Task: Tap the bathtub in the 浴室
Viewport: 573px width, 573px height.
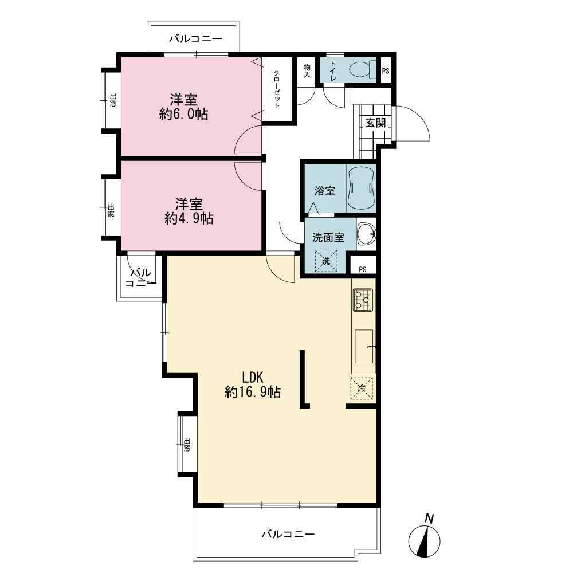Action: [x=361, y=189]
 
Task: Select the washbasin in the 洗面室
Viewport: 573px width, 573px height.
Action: [x=366, y=234]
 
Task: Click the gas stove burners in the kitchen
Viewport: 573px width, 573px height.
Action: [x=363, y=300]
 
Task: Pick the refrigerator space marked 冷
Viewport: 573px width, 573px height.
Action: [x=362, y=388]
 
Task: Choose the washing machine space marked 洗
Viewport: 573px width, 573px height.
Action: [x=326, y=261]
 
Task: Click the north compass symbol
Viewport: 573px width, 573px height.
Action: [x=424, y=537]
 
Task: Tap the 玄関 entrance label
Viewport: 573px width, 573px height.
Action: [x=376, y=123]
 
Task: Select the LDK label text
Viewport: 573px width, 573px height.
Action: [x=253, y=377]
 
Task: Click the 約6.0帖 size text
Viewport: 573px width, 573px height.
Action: [x=184, y=115]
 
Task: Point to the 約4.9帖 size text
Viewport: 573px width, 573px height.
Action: [x=189, y=218]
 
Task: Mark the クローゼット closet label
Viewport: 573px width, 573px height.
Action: [x=277, y=89]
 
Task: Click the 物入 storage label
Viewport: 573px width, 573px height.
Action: [x=307, y=71]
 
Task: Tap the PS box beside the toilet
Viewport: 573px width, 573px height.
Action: [x=386, y=71]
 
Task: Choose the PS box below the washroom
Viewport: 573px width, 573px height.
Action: [x=363, y=270]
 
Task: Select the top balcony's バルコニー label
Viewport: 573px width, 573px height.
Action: [x=195, y=39]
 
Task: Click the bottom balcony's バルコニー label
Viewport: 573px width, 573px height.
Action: [x=288, y=534]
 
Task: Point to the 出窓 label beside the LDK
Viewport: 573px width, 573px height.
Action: [x=187, y=445]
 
